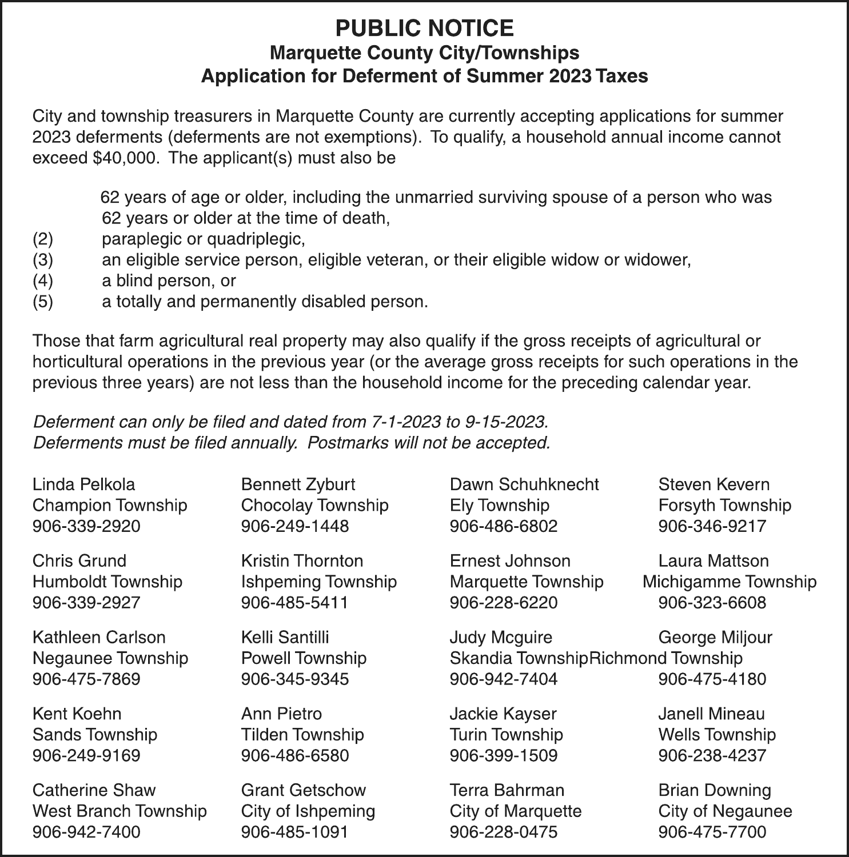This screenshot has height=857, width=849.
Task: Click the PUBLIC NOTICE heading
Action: point(424,28)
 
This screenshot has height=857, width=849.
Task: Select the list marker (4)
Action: point(43,281)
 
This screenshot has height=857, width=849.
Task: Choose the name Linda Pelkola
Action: point(84,484)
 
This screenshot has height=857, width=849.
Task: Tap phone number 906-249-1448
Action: point(295,526)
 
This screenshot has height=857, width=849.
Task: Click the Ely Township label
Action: point(500,506)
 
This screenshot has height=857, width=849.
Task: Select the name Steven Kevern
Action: point(714,484)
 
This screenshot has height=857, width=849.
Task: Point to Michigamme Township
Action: point(730,582)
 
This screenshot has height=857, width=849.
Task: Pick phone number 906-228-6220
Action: point(504,603)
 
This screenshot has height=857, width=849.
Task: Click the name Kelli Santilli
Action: point(285,638)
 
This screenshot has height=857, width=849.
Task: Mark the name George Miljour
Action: point(715,638)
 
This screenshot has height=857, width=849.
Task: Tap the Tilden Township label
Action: point(302,735)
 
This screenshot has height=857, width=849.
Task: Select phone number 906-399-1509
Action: point(504,756)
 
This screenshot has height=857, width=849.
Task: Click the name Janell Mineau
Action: point(712,714)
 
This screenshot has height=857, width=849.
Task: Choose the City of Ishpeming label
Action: point(308,811)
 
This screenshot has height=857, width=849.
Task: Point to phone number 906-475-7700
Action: point(712,832)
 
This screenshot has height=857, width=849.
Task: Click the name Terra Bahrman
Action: point(507,791)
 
